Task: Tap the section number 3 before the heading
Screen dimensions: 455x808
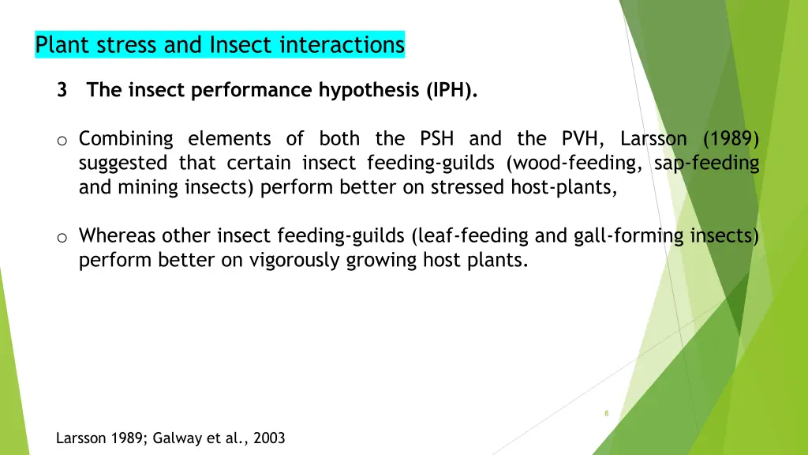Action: pos(62,90)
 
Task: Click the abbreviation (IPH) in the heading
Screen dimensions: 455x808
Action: pos(452,90)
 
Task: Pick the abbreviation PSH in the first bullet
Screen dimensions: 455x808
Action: pos(436,139)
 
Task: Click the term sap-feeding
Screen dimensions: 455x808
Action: pos(706,164)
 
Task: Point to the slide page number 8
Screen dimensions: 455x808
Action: pos(606,413)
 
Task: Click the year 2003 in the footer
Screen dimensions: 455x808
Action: pos(269,438)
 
